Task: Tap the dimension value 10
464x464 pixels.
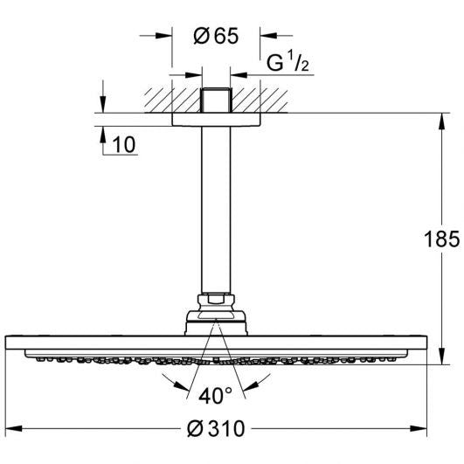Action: [125, 145]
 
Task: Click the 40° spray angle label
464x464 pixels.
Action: [216, 395]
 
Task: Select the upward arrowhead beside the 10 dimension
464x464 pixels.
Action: [103, 134]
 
